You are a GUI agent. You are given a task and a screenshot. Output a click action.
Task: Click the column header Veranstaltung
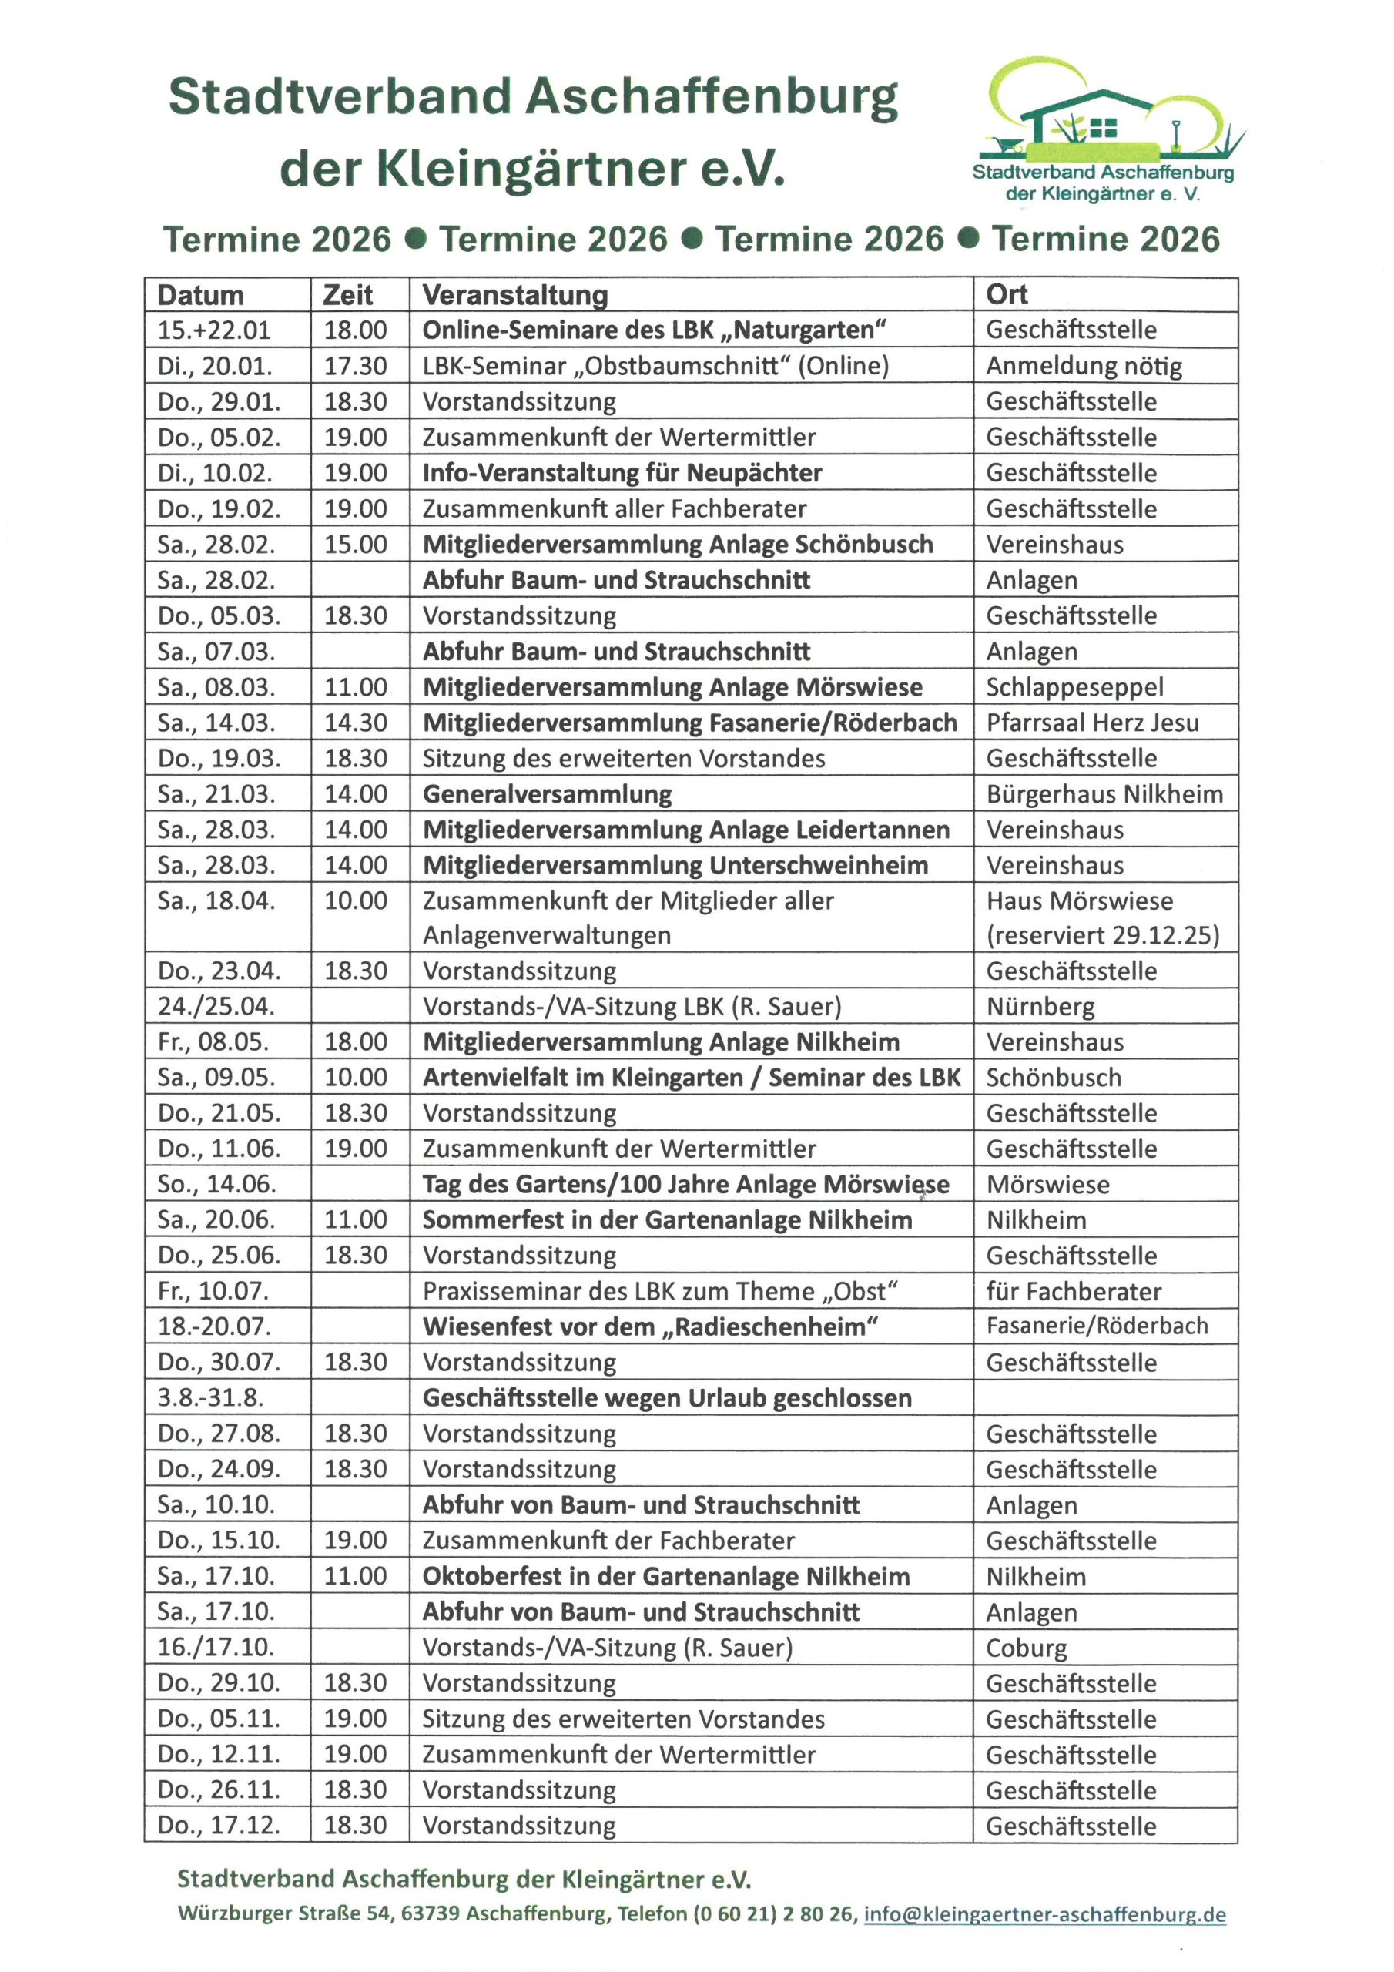(x=515, y=294)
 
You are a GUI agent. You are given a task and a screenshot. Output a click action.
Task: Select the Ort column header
(x=1007, y=294)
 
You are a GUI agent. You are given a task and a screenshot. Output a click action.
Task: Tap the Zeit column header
(x=348, y=294)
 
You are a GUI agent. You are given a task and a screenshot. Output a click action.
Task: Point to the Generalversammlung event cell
(x=547, y=793)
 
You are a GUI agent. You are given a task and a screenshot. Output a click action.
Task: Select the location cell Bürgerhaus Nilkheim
(x=1104, y=793)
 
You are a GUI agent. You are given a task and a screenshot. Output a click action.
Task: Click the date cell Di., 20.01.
(x=215, y=366)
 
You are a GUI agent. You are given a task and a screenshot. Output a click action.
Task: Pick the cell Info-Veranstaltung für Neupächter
(x=622, y=472)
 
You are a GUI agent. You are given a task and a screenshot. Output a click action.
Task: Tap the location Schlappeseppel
(x=1074, y=687)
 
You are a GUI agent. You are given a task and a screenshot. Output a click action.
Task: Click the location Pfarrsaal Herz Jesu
(x=1091, y=723)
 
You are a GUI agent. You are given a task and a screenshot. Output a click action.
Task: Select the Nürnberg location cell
(x=1040, y=1006)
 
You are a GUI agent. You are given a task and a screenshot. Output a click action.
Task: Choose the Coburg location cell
(x=1027, y=1648)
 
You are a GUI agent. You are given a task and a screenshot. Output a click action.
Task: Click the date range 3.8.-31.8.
(x=210, y=1397)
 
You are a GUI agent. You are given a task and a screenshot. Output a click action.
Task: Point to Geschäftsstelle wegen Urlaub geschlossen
(x=666, y=1397)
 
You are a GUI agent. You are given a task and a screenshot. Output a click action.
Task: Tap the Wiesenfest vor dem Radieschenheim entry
(x=650, y=1326)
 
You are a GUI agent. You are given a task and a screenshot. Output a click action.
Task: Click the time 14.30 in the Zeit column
(x=356, y=723)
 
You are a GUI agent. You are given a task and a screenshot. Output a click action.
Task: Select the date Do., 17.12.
(x=218, y=1825)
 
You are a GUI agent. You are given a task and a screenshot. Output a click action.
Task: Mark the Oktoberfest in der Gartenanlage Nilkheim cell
(x=665, y=1576)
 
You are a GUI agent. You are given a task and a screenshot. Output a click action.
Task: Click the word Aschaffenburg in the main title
(x=717, y=96)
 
